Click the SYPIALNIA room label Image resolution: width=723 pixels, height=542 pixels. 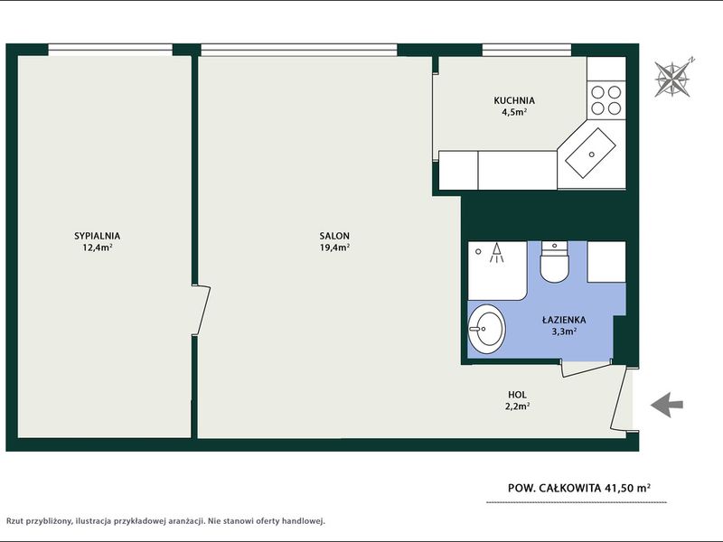(98, 236)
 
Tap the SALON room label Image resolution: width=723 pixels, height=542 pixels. (334, 236)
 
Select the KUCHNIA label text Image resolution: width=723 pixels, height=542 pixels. (514, 100)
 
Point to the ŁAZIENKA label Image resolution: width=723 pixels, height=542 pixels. (564, 320)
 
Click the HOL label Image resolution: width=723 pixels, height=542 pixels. (517, 395)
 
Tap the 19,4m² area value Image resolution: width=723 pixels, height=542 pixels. (334, 248)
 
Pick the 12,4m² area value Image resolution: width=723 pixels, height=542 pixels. (98, 248)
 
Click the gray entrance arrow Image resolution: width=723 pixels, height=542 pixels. (667, 405)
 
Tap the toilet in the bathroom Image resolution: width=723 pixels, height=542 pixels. (554, 262)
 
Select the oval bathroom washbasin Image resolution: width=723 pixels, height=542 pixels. (486, 329)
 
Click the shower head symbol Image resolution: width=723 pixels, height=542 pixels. (496, 253)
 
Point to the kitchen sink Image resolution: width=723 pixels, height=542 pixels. (591, 153)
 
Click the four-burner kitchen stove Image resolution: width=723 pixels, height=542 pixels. (606, 100)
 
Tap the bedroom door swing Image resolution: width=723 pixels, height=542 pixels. (201, 310)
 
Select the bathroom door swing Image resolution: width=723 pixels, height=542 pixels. (587, 369)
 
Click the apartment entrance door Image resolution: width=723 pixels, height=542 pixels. (619, 397)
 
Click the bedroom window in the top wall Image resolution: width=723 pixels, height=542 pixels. (110, 50)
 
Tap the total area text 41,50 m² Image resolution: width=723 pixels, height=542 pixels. (622, 488)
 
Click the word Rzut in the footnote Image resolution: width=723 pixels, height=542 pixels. (14, 521)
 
